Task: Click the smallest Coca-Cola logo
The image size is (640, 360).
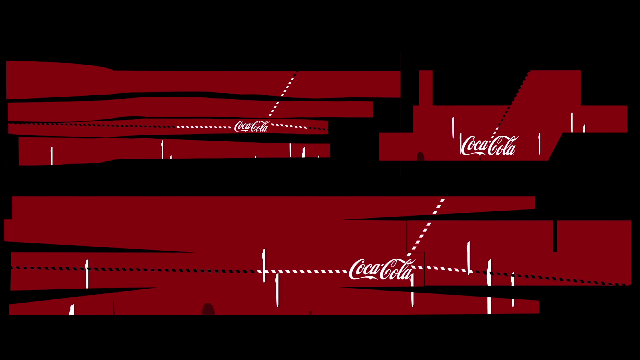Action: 251,127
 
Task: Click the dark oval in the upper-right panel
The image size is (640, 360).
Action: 420,156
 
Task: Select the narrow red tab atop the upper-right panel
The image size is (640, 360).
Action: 425,87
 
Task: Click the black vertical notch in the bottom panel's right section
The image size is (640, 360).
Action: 555,236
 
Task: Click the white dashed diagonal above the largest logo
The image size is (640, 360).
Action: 427,227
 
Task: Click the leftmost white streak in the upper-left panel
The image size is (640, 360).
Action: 52,156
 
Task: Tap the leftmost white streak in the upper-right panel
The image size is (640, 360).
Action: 453,127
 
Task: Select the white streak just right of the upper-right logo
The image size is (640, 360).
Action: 539,143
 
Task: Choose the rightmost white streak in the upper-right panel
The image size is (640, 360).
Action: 584,128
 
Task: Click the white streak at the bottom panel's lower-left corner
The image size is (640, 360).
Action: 72,310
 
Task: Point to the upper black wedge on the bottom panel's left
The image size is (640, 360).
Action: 100,247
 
